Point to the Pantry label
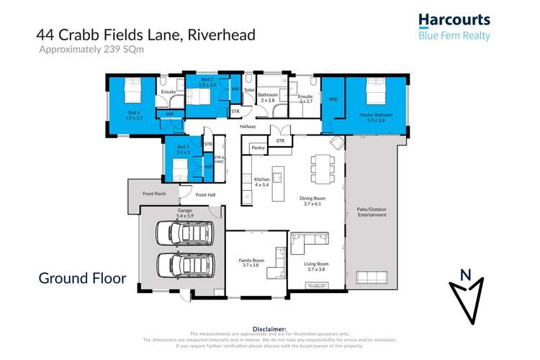tap(258, 148)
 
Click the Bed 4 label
tap(135, 112)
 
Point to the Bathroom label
tap(268, 95)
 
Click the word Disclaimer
tap(270, 328)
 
